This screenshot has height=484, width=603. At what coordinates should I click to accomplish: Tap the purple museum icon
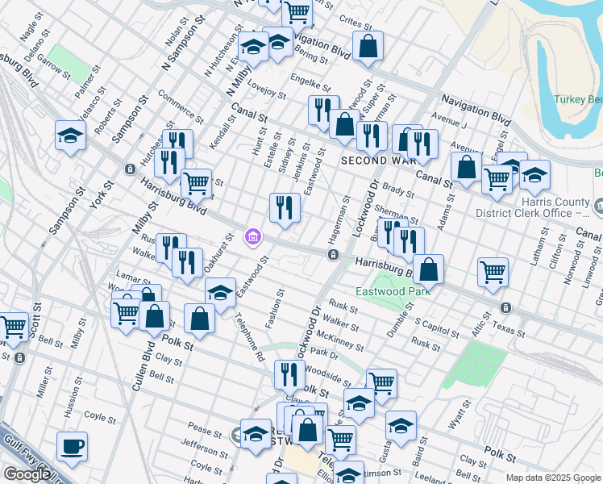252,236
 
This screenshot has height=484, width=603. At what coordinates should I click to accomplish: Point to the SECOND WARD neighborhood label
377,161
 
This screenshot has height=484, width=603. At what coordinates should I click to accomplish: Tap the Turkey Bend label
577,99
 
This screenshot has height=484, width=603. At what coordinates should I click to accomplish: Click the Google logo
27,474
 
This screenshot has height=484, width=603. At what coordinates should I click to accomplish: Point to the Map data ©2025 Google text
552,478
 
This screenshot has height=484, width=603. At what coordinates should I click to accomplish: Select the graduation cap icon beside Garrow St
71,136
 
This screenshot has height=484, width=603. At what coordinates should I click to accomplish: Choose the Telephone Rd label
249,338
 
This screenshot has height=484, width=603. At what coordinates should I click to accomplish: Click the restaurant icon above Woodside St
289,374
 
